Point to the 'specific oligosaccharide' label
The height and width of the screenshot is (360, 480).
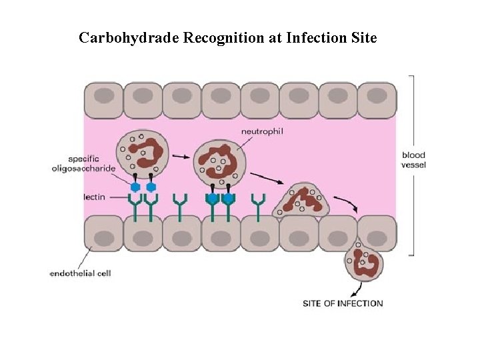click(x=83, y=164)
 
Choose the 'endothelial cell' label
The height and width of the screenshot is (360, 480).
click(x=80, y=273)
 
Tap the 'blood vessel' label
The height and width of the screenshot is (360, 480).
click(x=413, y=160)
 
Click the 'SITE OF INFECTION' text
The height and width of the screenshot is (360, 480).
click(x=343, y=303)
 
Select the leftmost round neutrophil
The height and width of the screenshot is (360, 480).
click(x=141, y=153)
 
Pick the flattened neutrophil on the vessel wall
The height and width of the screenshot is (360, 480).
click(x=303, y=199)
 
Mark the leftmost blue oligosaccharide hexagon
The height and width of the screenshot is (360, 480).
click(x=135, y=187)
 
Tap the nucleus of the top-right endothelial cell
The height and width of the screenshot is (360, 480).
click(x=377, y=96)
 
